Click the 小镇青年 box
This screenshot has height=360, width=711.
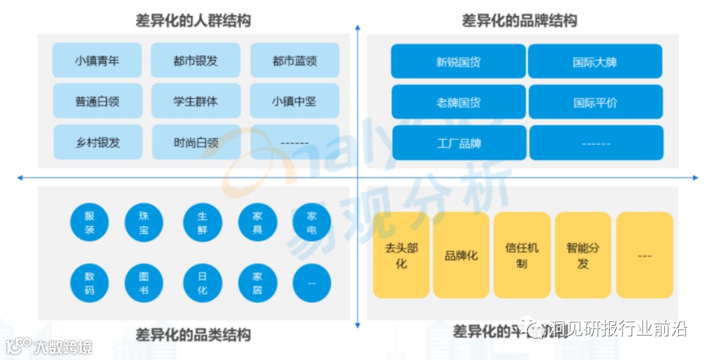coord(97,61)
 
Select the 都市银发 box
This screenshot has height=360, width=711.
coord(196,61)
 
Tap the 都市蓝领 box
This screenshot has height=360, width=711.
coord(294,61)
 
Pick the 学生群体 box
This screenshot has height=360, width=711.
coord(196,101)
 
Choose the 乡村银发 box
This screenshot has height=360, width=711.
coord(97,142)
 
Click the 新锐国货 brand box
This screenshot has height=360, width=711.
coord(458,62)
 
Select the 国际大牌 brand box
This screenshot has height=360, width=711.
coord(594,62)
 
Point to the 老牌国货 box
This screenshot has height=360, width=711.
coord(458,103)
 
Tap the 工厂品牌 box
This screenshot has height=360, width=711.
coord(458,143)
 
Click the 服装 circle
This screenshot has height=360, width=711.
coord(90,222)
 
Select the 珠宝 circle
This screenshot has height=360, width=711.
coord(144,222)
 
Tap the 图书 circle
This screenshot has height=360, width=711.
coord(144,283)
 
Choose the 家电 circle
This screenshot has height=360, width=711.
coord(311,222)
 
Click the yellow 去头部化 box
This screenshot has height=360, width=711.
coord(401,255)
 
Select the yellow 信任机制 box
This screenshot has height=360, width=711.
coord(521,255)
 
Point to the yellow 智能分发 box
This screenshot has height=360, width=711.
coord(583,255)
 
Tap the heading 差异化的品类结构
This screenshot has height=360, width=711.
coord(193,335)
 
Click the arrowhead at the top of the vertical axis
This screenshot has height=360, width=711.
coord(357,28)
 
